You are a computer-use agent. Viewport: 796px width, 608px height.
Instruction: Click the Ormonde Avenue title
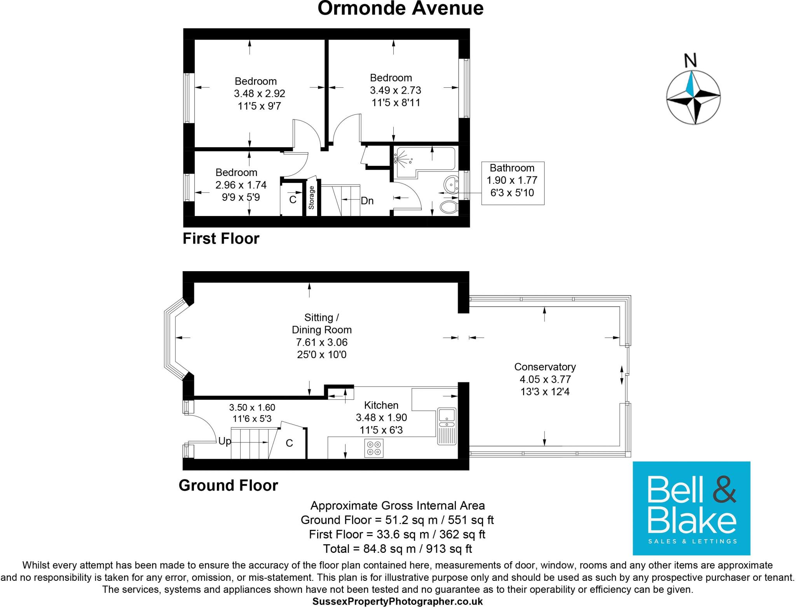click(x=400, y=9)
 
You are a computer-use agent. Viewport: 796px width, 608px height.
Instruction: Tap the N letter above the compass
click(x=690, y=61)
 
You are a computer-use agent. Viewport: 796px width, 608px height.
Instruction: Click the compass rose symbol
click(x=693, y=97)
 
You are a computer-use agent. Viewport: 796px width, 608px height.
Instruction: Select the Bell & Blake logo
click(x=691, y=508)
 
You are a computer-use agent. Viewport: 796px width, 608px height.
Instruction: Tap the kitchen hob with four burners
click(x=374, y=448)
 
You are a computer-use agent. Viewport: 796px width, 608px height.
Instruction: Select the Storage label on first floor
click(x=311, y=198)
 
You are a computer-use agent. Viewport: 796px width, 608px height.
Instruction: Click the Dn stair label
click(x=367, y=201)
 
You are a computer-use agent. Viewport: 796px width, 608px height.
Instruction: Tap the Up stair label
click(x=224, y=441)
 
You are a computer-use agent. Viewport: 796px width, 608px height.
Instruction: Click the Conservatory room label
click(x=545, y=367)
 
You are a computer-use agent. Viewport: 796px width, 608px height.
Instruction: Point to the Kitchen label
click(x=381, y=405)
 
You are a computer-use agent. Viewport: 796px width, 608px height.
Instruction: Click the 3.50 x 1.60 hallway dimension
click(x=252, y=408)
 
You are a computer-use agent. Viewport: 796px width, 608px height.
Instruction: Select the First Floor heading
click(x=221, y=239)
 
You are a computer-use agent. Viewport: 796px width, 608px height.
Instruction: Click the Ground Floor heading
click(x=228, y=486)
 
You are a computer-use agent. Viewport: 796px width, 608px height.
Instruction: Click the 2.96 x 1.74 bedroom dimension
click(x=241, y=185)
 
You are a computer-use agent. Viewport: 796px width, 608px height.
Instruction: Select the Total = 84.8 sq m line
click(x=397, y=549)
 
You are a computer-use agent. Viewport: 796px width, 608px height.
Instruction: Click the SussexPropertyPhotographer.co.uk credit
click(x=397, y=602)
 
